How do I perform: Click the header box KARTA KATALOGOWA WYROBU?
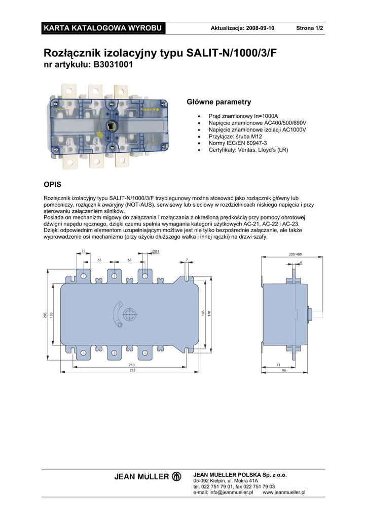pyautogui.click(x=103, y=28)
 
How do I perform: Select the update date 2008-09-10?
pyautogui.click(x=260, y=28)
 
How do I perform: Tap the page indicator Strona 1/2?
pyautogui.click(x=309, y=28)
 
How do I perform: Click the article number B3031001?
pyautogui.click(x=113, y=64)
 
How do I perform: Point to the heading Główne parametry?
pyautogui.click(x=219, y=102)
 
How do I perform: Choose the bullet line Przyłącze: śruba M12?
pyautogui.click(x=235, y=136)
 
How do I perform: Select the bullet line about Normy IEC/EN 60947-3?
pyautogui.click(x=238, y=143)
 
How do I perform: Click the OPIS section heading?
pyautogui.click(x=52, y=184)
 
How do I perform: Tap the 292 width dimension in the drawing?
pyautogui.click(x=132, y=370)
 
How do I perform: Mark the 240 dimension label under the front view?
pyautogui.click(x=131, y=365)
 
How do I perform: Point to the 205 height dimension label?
pyautogui.click(x=45, y=315)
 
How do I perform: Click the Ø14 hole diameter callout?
pyautogui.click(x=156, y=252)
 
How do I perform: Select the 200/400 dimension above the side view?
pyautogui.click(x=295, y=254)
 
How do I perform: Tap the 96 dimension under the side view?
pyautogui.click(x=284, y=370)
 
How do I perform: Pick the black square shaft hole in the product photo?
pyautogui.click(x=111, y=126)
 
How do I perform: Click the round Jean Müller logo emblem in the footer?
pyautogui.click(x=176, y=476)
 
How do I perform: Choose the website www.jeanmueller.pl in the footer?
pyautogui.click(x=284, y=493)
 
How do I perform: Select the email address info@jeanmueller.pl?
pyautogui.click(x=231, y=493)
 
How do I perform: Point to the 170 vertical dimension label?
pyautogui.click(x=209, y=313)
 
